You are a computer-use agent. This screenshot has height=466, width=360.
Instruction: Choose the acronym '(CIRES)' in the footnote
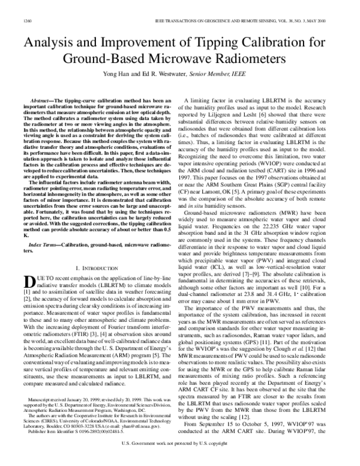pyautogui.click(x=31, y=434)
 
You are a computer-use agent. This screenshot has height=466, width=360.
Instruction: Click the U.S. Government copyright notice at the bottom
pyautogui.click(x=180, y=461)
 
